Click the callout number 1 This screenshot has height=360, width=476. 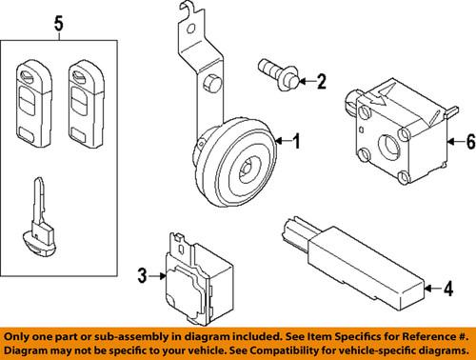tap(296, 144)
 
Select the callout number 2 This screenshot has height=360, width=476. tap(321, 81)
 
